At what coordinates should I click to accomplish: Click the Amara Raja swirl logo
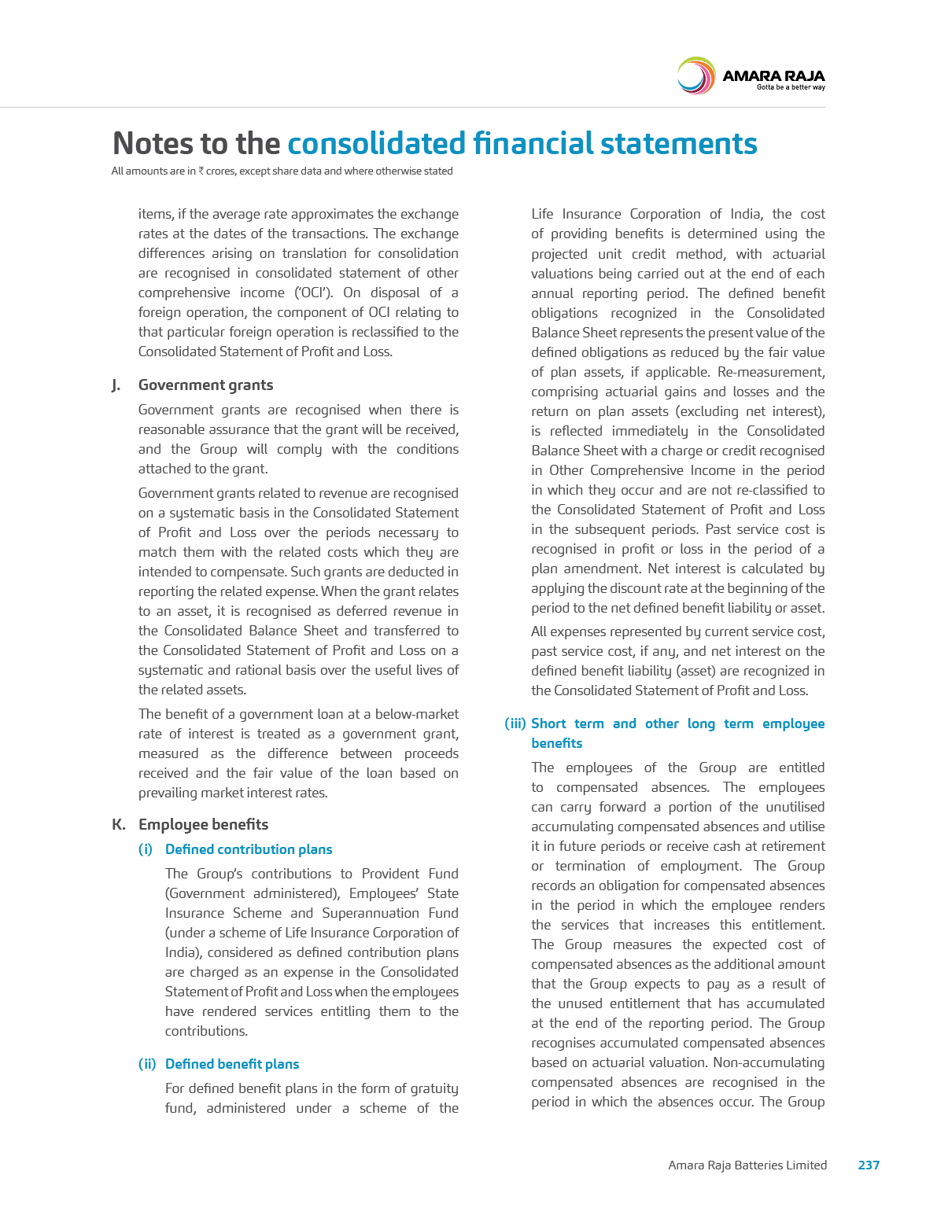point(695,75)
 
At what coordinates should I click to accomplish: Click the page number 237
point(869,1165)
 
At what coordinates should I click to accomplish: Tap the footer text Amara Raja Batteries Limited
point(747,1165)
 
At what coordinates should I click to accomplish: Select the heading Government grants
point(205,385)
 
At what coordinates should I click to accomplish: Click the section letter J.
point(116,385)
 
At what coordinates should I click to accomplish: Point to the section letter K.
point(118,825)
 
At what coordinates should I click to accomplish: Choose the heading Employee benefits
point(203,825)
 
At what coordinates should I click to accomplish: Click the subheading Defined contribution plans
point(249,849)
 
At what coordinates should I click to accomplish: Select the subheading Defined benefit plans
point(232,1064)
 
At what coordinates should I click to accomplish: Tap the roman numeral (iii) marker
point(515,723)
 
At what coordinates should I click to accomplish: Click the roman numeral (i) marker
point(145,849)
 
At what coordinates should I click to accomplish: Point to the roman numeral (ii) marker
point(147,1064)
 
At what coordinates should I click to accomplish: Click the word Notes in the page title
point(153,144)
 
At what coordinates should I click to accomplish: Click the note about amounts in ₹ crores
point(282,171)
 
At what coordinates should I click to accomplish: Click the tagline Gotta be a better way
point(790,87)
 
